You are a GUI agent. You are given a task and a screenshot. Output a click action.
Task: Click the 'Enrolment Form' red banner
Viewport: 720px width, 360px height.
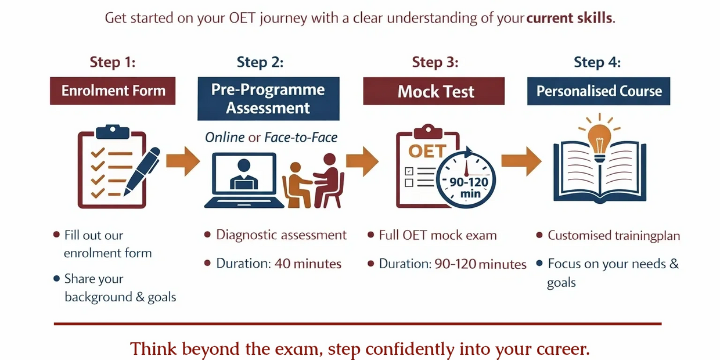tap(113, 91)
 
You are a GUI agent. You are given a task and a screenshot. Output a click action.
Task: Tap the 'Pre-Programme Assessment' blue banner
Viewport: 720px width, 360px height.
tap(268, 99)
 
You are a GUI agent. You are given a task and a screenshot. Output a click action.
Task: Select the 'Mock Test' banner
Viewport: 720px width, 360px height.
tap(434, 91)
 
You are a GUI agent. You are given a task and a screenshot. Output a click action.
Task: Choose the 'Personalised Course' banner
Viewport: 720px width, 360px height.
tap(599, 91)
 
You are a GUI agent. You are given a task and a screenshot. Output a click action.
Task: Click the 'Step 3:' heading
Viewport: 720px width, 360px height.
tap(435, 62)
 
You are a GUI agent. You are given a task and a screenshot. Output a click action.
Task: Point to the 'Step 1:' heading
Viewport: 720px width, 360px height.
tap(113, 62)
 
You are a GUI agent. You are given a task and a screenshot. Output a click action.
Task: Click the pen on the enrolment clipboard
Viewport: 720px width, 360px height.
tap(142, 171)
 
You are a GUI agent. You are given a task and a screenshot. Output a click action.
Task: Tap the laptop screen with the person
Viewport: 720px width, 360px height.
tap(244, 174)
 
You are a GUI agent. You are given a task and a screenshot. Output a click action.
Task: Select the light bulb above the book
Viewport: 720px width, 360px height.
tap(599, 142)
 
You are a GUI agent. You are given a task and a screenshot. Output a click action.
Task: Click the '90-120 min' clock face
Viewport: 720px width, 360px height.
tap(466, 180)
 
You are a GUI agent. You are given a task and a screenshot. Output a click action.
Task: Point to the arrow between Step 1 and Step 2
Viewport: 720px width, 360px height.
tap(183, 161)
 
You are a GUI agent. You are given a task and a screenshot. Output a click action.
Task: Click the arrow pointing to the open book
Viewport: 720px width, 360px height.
tap(521, 161)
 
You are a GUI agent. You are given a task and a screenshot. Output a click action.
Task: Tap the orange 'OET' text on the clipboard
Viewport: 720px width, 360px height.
tap(427, 151)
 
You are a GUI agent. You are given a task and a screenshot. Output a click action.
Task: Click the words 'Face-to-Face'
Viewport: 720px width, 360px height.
tap(301, 138)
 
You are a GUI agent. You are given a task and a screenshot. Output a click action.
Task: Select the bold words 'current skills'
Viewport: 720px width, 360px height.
tap(569, 18)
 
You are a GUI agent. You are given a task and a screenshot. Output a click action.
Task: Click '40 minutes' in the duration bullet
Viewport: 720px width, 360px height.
tap(308, 264)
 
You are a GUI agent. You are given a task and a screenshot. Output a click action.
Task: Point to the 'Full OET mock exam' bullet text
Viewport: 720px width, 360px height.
tap(438, 235)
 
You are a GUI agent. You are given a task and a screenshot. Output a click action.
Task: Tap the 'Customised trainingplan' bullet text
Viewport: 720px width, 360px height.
tap(614, 236)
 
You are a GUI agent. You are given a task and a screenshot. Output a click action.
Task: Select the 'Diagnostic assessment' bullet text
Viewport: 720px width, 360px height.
tap(281, 235)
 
